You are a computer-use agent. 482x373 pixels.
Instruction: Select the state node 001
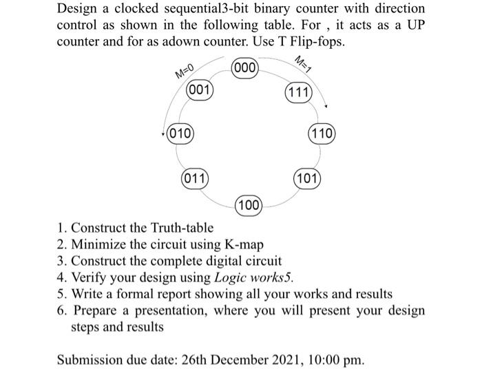point(199,91)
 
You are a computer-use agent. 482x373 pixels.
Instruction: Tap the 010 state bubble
point(180,133)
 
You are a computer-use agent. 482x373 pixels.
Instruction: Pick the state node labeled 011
point(195,180)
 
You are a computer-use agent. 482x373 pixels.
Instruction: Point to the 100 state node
point(249,204)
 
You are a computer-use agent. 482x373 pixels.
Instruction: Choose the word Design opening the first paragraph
point(78,9)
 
